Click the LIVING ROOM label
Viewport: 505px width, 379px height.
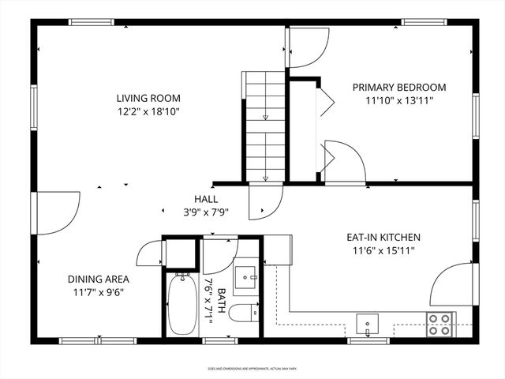[148, 98]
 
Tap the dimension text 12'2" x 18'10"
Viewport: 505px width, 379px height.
[148, 112]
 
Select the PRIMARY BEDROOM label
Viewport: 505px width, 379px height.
[399, 87]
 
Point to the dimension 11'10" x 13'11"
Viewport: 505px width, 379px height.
[399, 101]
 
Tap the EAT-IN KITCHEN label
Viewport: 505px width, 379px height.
[383, 237]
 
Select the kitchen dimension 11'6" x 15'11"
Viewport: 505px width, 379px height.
[383, 250]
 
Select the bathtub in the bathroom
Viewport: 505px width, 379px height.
[181, 304]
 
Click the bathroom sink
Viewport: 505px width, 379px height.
[248, 277]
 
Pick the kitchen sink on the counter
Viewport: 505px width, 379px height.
[366, 325]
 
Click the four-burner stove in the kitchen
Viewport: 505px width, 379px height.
[439, 324]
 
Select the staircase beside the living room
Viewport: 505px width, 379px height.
[264, 126]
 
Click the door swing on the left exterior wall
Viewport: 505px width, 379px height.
[57, 211]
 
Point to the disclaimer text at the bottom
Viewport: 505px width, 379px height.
[252, 369]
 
